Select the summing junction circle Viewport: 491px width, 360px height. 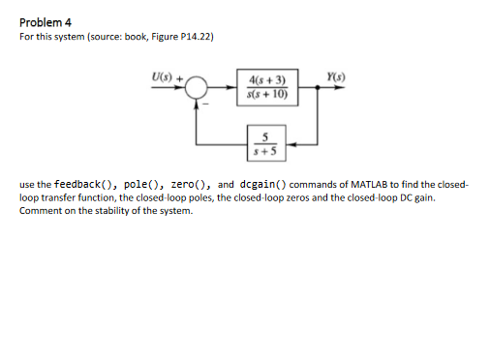199,88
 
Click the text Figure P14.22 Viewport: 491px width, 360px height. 185,38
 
